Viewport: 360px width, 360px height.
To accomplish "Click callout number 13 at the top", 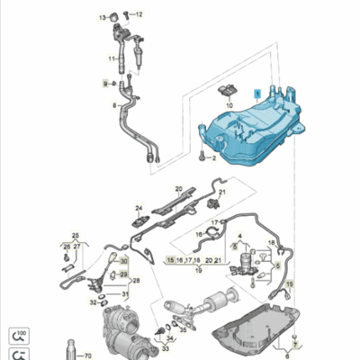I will pyautogui.click(x=103, y=17).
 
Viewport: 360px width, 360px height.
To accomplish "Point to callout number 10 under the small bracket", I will pyautogui.click(x=228, y=105).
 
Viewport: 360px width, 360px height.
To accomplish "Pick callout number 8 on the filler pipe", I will pyautogui.click(x=114, y=105).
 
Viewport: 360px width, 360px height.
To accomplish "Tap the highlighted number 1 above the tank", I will pyautogui.click(x=256, y=93).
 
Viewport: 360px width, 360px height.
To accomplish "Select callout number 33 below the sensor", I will pyautogui.click(x=166, y=349).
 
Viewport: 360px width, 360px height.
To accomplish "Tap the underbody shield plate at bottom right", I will pyautogui.click(x=261, y=319).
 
